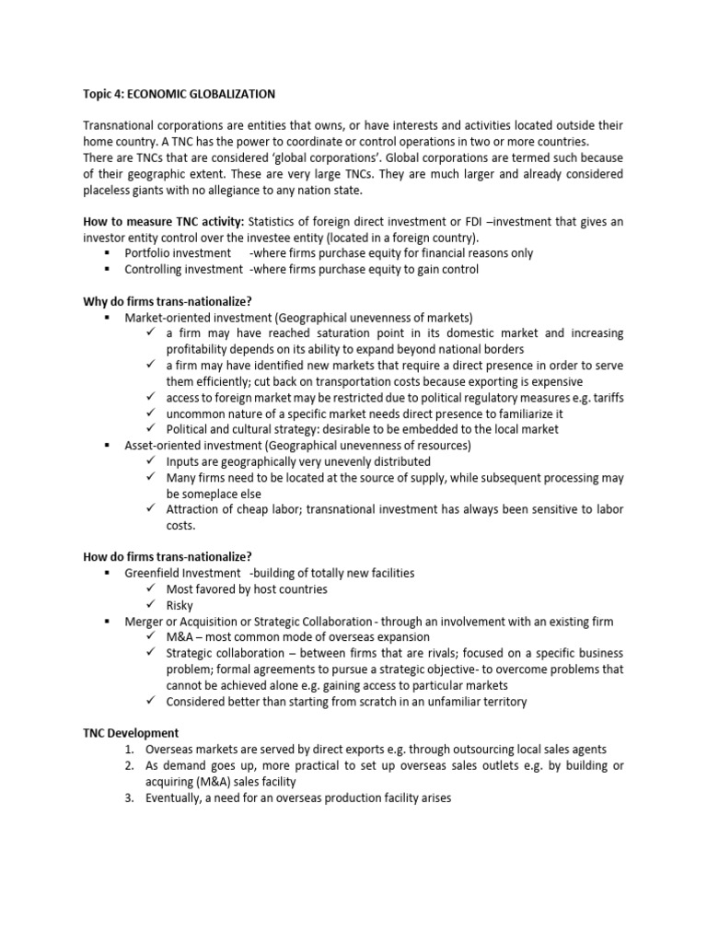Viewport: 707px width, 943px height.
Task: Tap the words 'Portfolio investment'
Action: tap(178, 252)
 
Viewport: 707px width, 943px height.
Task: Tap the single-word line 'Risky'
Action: tap(180, 605)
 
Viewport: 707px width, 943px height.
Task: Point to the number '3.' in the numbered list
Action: tap(129, 798)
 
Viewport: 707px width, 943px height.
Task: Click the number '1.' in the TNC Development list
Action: tap(129, 750)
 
